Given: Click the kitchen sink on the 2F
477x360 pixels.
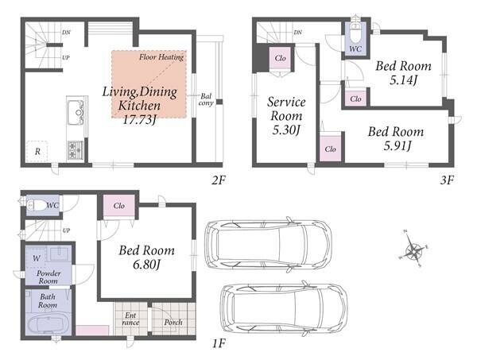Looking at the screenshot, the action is pyautogui.click(x=76, y=112).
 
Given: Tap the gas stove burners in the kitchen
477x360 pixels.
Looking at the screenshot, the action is pyautogui.click(x=75, y=150).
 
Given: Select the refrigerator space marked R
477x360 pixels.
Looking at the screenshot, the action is pyautogui.click(x=37, y=151).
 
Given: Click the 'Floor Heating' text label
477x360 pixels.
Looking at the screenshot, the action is pyautogui.click(x=161, y=57).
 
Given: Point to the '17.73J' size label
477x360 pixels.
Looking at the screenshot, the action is pyautogui.click(x=139, y=120).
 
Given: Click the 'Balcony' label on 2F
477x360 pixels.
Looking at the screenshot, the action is pyautogui.click(x=206, y=99).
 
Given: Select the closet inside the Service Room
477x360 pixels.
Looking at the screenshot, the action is pyautogui.click(x=280, y=58).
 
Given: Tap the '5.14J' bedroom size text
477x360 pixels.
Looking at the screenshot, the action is pyautogui.click(x=403, y=80).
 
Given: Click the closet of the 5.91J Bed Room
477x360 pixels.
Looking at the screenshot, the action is pyautogui.click(x=331, y=149).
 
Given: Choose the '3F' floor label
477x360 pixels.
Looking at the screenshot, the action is pyautogui.click(x=447, y=180).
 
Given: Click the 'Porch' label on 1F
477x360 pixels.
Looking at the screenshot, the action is pyautogui.click(x=173, y=323).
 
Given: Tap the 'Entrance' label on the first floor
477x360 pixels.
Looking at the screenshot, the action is pyautogui.click(x=130, y=319).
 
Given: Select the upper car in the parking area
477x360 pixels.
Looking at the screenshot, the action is pyautogui.click(x=268, y=245).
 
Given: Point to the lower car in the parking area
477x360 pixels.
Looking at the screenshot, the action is pyautogui.click(x=284, y=308).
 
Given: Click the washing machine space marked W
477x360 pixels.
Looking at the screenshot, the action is pyautogui.click(x=37, y=258).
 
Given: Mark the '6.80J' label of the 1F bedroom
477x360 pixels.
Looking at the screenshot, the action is pyautogui.click(x=146, y=265).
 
